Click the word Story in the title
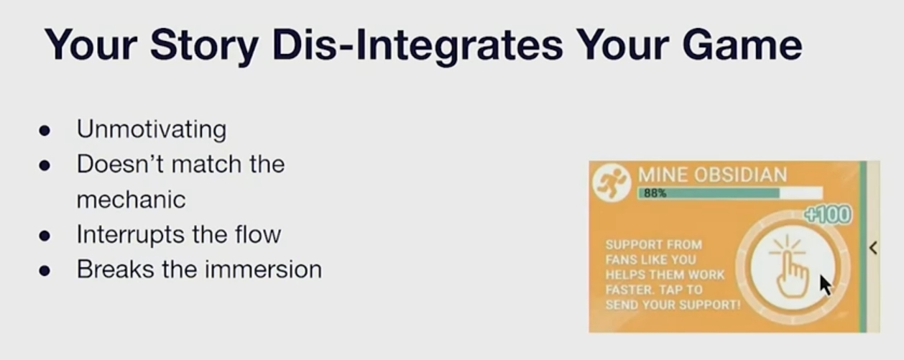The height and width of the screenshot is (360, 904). (x=204, y=45)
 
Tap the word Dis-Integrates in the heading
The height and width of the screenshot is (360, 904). (x=418, y=45)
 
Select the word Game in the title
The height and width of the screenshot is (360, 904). (x=742, y=44)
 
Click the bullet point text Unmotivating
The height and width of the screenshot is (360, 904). (x=152, y=130)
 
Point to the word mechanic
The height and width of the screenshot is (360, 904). (x=132, y=199)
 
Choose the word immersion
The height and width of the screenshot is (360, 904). (x=263, y=269)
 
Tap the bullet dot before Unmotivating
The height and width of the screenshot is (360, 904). (x=45, y=131)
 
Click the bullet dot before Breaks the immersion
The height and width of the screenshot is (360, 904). (x=45, y=270)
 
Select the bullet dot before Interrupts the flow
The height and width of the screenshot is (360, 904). (x=45, y=236)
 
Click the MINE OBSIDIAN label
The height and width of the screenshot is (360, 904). (x=712, y=175)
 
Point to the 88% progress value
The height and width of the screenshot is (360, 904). (x=655, y=193)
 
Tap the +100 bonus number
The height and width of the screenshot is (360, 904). (x=828, y=215)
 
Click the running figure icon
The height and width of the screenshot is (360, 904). (x=612, y=183)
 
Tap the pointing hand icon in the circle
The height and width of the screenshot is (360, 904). (x=789, y=267)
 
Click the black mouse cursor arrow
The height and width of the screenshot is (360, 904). (x=825, y=285)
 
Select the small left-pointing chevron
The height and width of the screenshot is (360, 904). (x=873, y=248)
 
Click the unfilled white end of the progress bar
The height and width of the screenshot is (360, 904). (x=801, y=193)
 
